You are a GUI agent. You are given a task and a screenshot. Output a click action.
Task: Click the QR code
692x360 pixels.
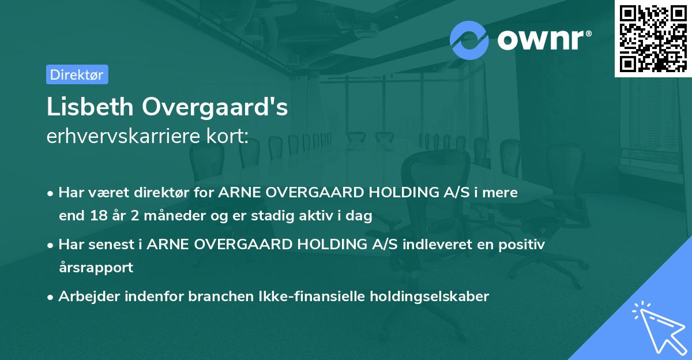(x=653, y=39)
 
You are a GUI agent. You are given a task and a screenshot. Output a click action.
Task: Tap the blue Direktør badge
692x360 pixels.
(x=77, y=74)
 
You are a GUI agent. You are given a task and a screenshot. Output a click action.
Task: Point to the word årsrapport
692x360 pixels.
(x=96, y=268)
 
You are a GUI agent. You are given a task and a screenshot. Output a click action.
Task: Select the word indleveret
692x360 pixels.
(x=441, y=245)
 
